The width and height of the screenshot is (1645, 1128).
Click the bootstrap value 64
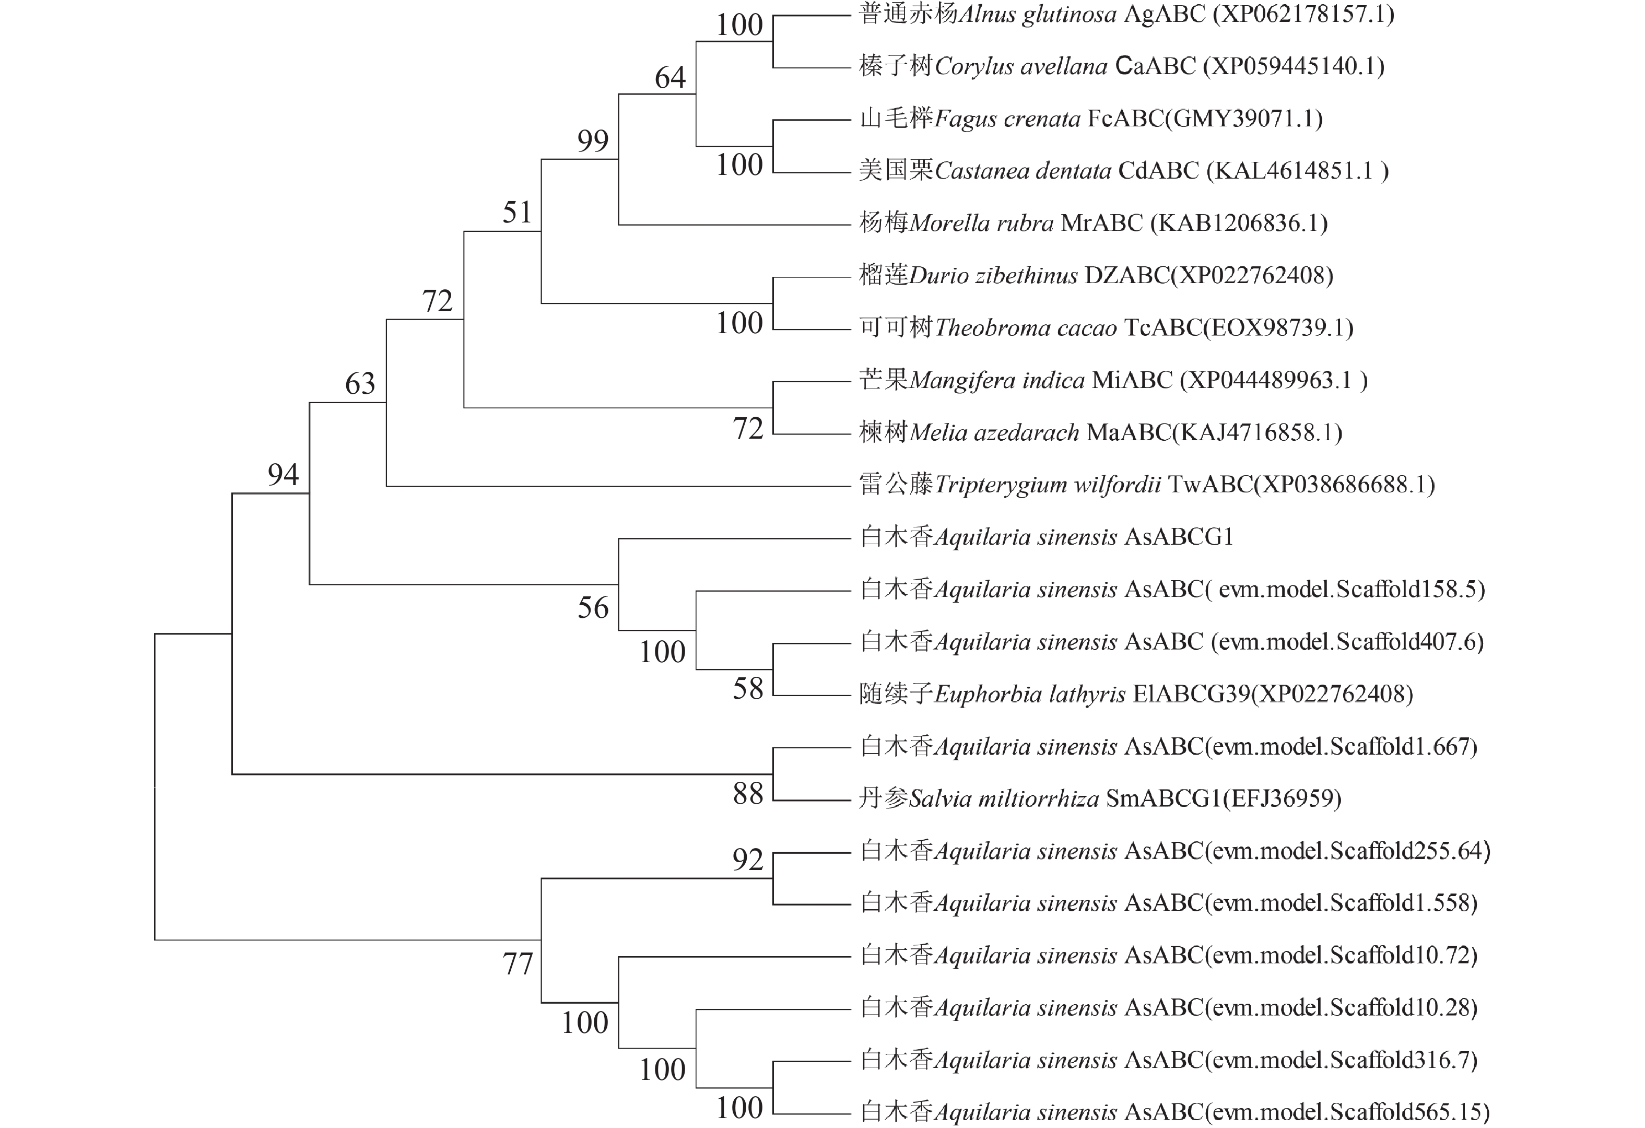[x=669, y=77]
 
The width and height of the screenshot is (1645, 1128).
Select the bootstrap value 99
[x=592, y=141]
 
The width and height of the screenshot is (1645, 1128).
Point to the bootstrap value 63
[x=360, y=384]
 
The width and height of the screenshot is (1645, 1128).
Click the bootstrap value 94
[x=283, y=475]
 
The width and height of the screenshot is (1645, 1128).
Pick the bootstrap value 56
[x=592, y=608]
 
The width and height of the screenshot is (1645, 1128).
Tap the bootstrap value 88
[x=747, y=794]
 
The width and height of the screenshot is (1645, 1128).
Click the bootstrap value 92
[x=747, y=860]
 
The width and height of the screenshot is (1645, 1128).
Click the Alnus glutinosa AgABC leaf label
[x=1126, y=14]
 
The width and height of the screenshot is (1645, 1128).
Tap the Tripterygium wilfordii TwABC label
[x=1147, y=485]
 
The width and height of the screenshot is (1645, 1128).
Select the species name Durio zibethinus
[x=993, y=276]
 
